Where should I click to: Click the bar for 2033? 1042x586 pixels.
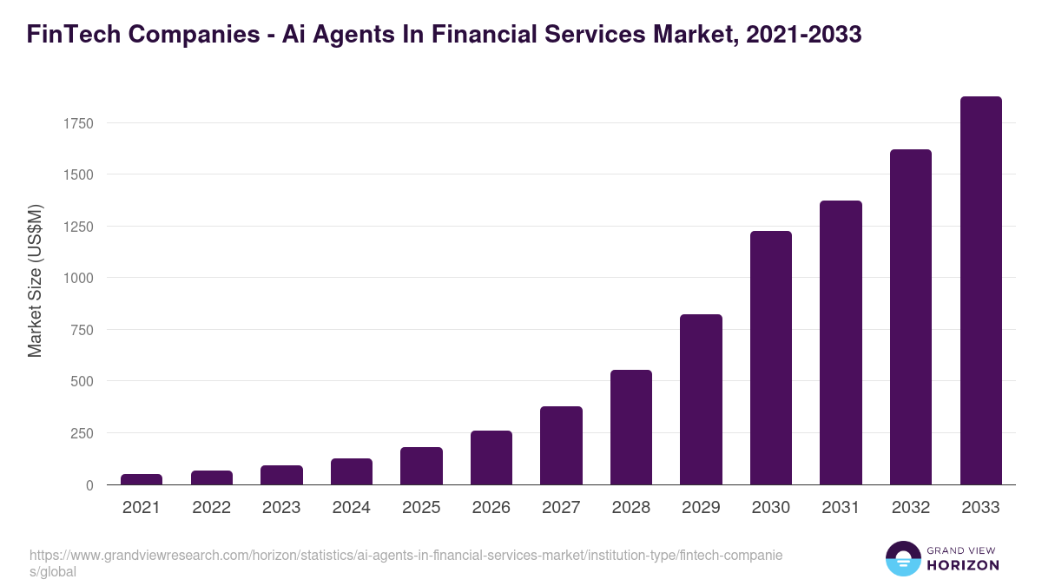(x=980, y=291)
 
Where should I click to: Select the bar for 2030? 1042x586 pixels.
(x=771, y=358)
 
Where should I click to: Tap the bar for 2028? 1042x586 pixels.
(x=631, y=427)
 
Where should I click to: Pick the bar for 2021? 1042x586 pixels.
(x=142, y=479)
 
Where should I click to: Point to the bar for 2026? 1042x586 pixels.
(x=491, y=458)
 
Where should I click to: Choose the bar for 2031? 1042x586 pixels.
(x=841, y=343)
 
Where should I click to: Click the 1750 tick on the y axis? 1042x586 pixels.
(x=77, y=123)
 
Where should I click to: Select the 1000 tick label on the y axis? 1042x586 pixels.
(x=77, y=278)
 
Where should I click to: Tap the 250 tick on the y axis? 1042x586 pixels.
(x=82, y=433)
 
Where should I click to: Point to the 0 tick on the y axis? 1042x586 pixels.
(x=89, y=485)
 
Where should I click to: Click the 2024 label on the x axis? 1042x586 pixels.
(x=351, y=508)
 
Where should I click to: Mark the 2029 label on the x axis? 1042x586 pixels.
(x=701, y=508)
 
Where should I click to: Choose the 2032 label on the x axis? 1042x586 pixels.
(x=910, y=508)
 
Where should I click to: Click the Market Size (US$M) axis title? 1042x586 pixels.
(x=35, y=280)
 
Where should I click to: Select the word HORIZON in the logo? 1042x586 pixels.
(x=963, y=564)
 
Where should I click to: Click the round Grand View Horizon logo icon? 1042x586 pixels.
(x=903, y=558)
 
